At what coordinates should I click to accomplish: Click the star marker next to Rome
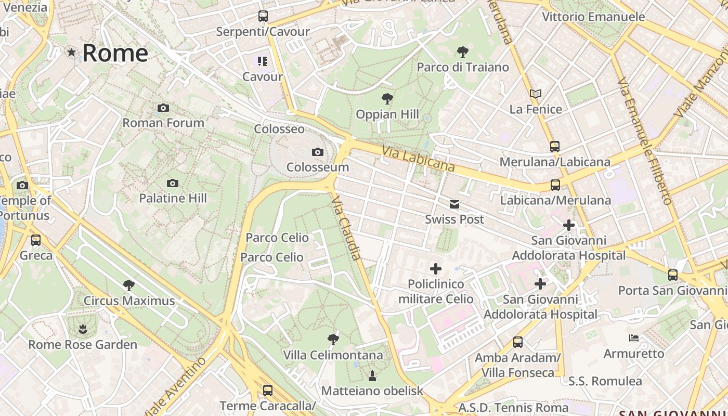(71, 53)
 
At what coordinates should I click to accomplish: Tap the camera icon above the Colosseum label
(317, 152)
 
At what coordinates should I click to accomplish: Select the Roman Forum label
(163, 123)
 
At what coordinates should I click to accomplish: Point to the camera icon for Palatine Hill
(173, 184)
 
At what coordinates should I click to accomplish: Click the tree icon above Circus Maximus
(129, 285)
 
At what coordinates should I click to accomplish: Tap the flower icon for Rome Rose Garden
(82, 329)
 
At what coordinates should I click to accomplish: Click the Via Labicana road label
(418, 158)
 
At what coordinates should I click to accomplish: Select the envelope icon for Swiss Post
(454, 204)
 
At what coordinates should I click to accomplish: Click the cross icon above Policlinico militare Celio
(436, 269)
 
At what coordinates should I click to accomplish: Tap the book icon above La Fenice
(536, 94)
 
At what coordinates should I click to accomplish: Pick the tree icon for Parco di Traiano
(462, 52)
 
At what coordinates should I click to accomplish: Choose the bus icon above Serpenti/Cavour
(263, 16)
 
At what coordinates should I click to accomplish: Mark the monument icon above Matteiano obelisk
(372, 375)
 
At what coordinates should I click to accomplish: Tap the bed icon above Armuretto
(634, 338)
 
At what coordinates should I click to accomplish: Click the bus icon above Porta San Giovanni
(673, 275)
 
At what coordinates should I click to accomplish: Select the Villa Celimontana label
(333, 355)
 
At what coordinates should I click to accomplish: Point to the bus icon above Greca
(36, 240)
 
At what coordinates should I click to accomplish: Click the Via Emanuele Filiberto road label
(645, 141)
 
